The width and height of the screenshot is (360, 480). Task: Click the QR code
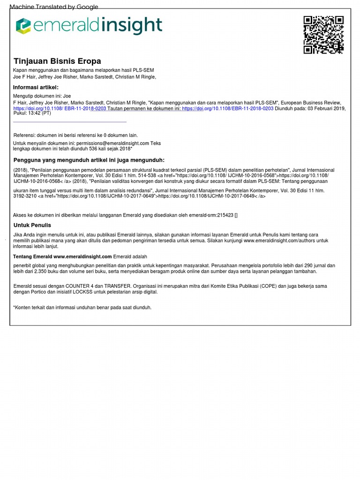pyautogui.click(x=323, y=35)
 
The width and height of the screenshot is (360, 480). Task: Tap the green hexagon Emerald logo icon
pyautogui.click(x=23, y=26)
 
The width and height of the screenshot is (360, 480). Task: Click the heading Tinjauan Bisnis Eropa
pyautogui.click(x=57, y=61)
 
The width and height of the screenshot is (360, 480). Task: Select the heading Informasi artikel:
pyautogui.click(x=36, y=88)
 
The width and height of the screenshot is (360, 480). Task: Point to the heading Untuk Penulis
pyautogui.click(x=32, y=225)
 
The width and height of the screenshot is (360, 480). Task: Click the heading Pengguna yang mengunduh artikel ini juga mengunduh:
pyautogui.click(x=89, y=160)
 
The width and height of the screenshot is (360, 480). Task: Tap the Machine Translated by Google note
pyautogui.click(x=54, y=7)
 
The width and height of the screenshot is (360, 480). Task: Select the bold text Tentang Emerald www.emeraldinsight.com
pyautogui.click(x=62, y=256)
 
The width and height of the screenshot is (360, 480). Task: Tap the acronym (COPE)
pyautogui.click(x=282, y=286)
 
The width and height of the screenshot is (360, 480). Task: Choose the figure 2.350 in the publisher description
pyautogui.click(x=38, y=271)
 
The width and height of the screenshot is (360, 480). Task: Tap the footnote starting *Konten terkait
pyautogui.click(x=82, y=307)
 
